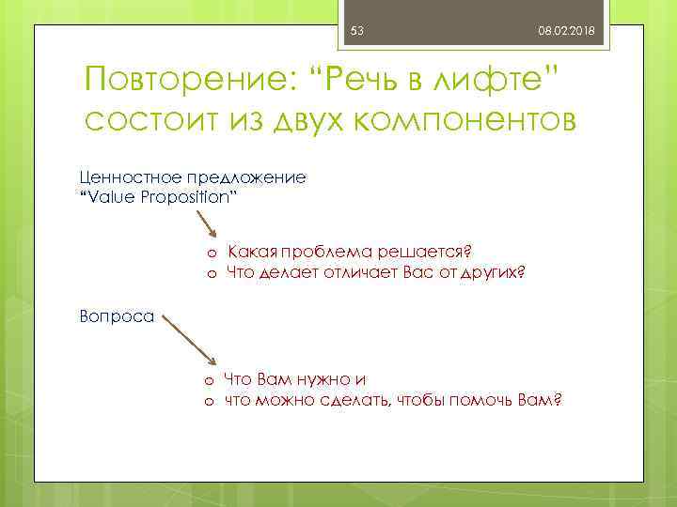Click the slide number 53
[356, 32]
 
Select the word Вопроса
[117, 316]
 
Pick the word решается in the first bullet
[423, 252]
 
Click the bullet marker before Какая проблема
[213, 253]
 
